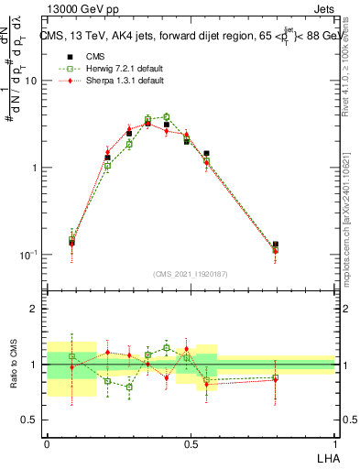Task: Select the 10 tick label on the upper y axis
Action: tap(30, 81)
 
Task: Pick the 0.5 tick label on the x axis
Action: tap(191, 442)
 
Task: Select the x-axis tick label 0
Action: tap(47, 442)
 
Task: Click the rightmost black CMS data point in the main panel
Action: tap(275, 245)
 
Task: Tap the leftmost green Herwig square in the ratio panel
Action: tap(72, 355)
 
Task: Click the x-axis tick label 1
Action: tap(334, 442)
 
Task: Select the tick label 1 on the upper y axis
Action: tap(35, 168)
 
